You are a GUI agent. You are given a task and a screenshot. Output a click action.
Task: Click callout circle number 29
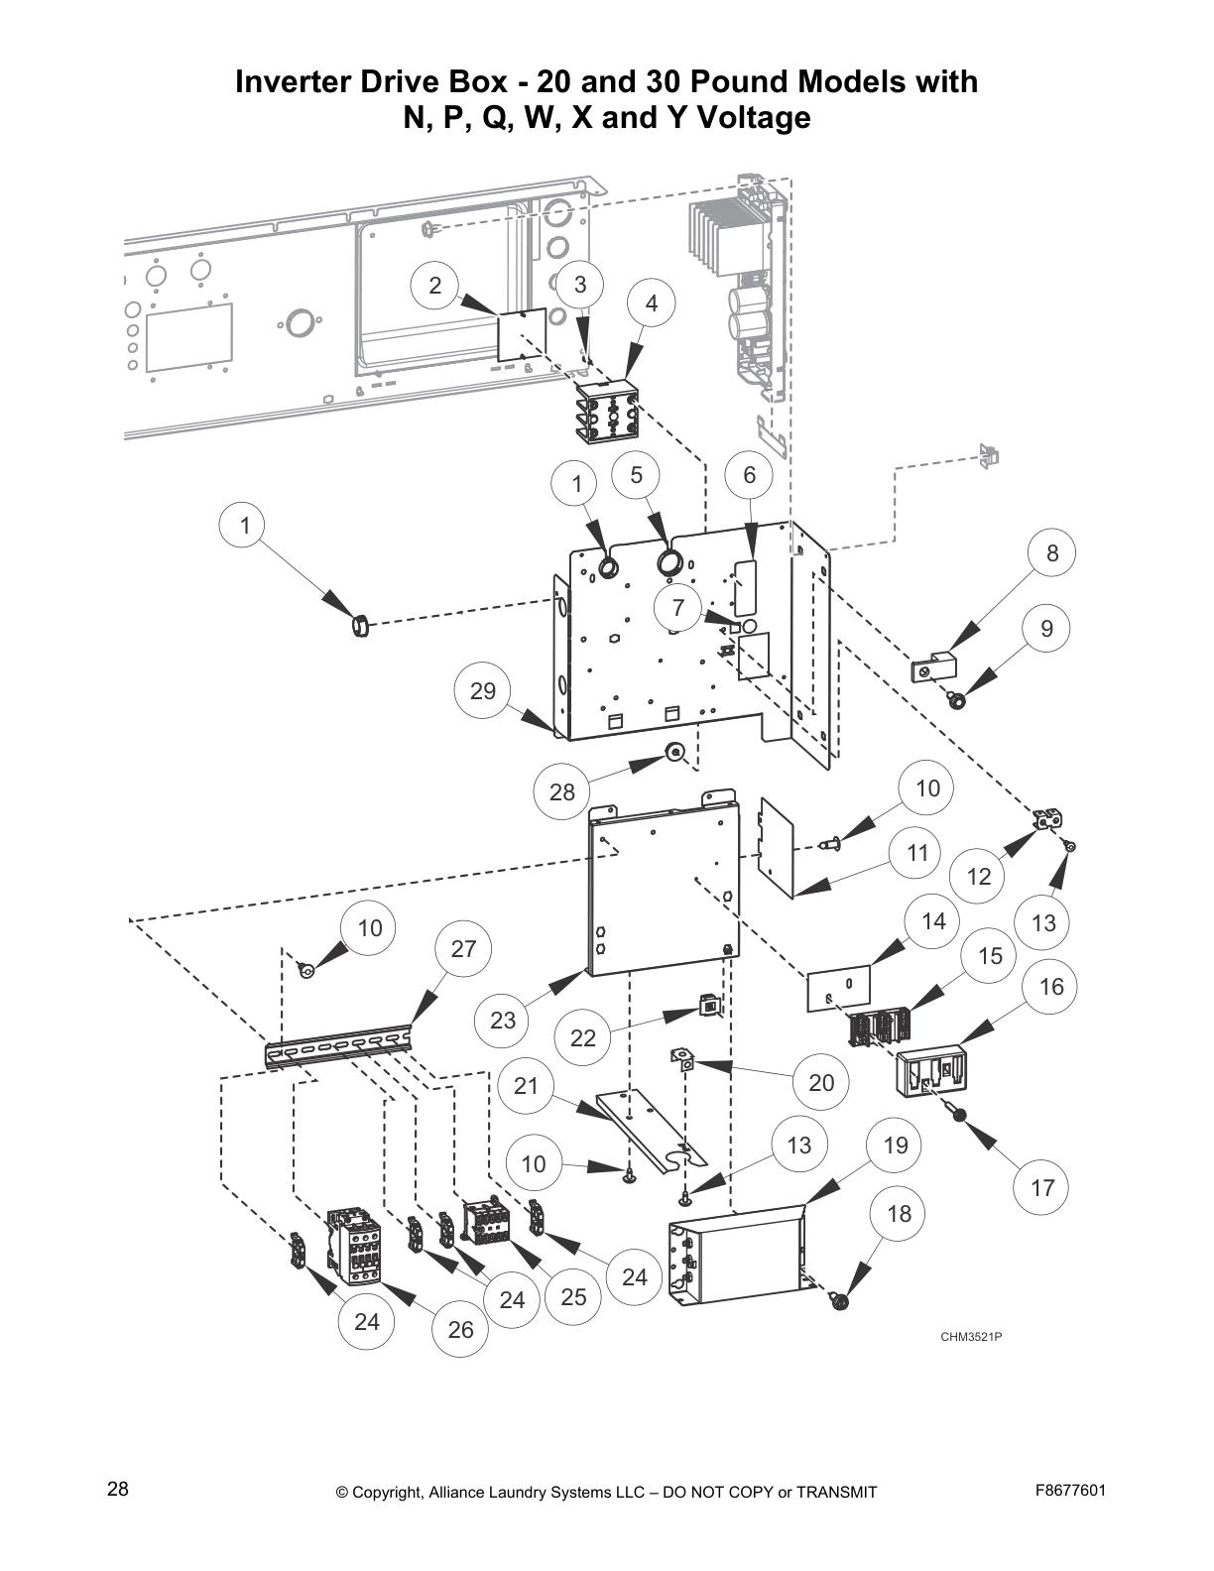point(483,690)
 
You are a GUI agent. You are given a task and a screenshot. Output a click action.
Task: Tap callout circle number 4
point(652,303)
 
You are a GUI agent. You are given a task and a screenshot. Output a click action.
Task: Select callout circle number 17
point(1042,1187)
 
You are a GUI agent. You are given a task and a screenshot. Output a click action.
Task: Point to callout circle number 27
point(463,949)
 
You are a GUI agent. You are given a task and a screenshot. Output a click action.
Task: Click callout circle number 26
point(460,1329)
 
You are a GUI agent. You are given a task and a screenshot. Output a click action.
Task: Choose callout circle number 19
point(895,1146)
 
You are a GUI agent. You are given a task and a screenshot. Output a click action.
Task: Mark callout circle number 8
point(1052,553)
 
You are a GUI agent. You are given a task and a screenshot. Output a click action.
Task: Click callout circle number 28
point(562,791)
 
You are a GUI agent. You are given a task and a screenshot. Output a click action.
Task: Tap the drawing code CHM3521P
point(971,1337)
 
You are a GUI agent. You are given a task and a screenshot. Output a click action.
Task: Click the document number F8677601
point(1070,1491)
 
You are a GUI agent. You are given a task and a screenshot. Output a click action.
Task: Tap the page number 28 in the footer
point(118,1490)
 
